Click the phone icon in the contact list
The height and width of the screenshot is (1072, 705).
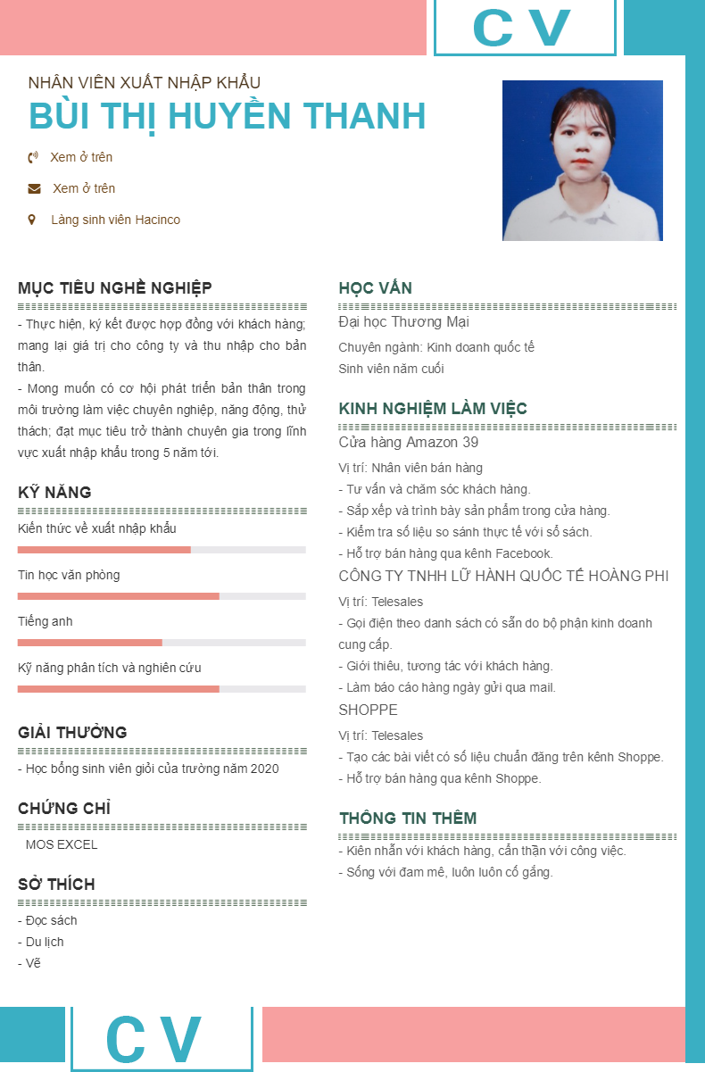33,158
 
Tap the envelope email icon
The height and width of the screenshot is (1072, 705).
34,189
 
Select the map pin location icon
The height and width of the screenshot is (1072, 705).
33,220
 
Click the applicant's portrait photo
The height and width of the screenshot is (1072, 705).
582,161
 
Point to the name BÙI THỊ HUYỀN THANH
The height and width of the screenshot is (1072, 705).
228,117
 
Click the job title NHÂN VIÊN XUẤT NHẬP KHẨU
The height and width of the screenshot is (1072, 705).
145,83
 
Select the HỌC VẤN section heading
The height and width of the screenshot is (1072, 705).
376,288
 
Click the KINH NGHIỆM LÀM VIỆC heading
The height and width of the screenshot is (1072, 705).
433,410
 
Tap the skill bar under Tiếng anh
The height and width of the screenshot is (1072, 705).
162,643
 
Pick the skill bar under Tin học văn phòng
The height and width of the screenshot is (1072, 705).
162,596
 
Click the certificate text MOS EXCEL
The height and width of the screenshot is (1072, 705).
62,845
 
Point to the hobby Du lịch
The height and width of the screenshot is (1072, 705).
45,943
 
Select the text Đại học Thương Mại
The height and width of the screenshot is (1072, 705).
404,322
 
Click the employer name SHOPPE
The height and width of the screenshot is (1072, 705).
369,711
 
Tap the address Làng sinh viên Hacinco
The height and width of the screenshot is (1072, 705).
115,220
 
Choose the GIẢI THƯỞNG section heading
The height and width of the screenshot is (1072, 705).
72,733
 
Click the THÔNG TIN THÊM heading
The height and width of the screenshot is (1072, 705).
408,819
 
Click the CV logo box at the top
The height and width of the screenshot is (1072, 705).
525,27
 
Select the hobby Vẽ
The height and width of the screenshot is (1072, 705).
33,964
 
